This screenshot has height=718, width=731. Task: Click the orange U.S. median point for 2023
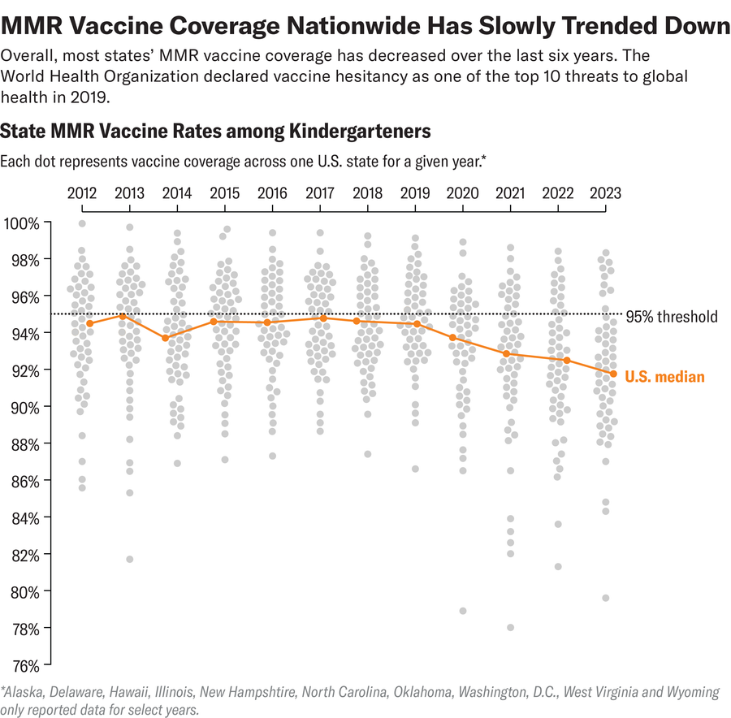[613, 374]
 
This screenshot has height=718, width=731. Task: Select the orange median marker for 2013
[123, 316]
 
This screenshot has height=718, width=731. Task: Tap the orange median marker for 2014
[165, 338]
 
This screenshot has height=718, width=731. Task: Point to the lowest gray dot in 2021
[510, 627]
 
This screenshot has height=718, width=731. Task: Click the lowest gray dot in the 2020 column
[463, 611]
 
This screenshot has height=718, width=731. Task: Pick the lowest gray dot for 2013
[129, 559]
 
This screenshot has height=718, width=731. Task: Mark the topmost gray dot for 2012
[82, 223]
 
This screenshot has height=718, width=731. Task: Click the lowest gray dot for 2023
[605, 598]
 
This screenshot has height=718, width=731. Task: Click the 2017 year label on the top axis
[320, 193]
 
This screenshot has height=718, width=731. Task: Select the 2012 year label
[82, 193]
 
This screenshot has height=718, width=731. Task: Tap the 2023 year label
[605, 193]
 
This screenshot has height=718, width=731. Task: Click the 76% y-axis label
[24, 665]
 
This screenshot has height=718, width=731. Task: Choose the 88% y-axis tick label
[24, 444]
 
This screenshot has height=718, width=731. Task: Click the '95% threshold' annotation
[676, 317]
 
